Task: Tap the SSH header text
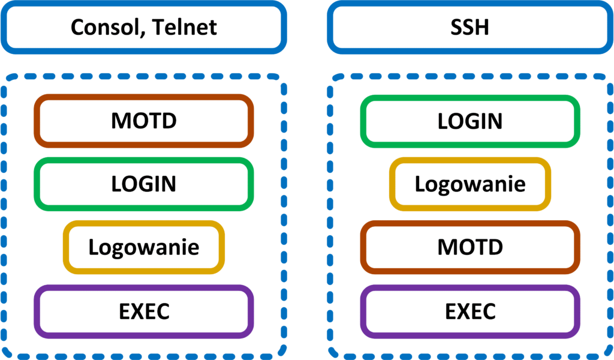coord(470,28)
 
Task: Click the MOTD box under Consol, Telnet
coord(143,121)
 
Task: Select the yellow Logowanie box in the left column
coord(143,247)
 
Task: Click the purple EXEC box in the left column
coord(143,311)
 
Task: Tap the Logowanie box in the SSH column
coord(470,184)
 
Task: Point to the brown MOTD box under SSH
coord(470,247)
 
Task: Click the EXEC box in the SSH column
coord(470,311)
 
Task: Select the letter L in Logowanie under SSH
coord(420,184)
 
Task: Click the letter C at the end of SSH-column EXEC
coord(488,311)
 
